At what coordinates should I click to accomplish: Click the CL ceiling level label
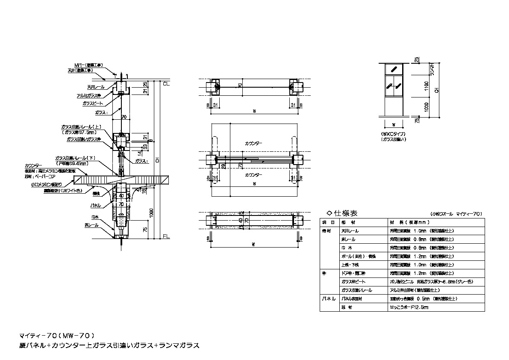166,83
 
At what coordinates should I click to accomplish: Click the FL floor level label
166,236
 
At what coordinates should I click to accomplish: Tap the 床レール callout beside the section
92,225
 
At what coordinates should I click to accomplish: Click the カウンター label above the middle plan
254,144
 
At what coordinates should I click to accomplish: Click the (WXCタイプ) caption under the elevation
393,134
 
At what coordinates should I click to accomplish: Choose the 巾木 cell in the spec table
346,248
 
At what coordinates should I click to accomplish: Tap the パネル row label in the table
329,298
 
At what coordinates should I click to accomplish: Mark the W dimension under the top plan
254,111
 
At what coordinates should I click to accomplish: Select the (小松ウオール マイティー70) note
456,213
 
